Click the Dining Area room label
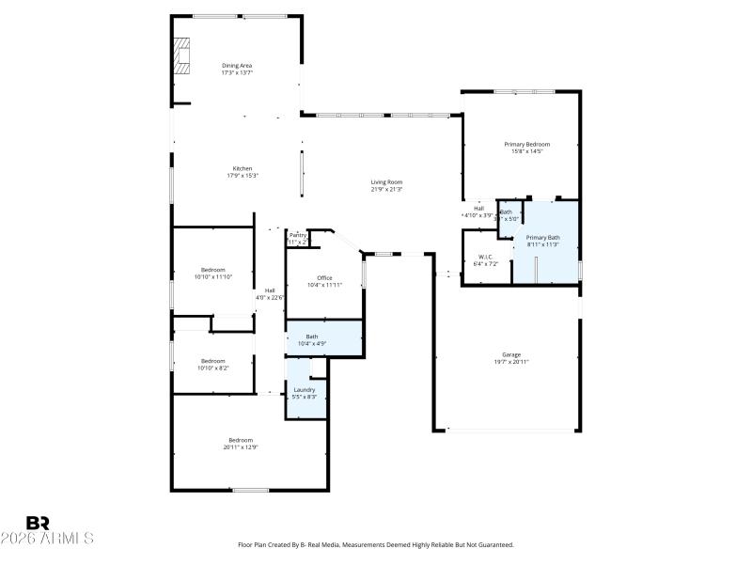coord(237,65)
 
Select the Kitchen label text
coord(243,168)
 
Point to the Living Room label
coord(386,181)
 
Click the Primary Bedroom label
coord(531,144)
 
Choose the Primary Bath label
coord(542,238)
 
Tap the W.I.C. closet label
coord(486,257)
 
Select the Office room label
coord(324,277)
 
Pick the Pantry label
coord(298,235)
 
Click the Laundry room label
coord(305,389)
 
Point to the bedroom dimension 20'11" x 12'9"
coord(242,447)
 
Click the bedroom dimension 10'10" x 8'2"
coord(212,368)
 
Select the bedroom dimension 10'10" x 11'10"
coord(212,277)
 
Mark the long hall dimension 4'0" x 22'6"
coord(270,298)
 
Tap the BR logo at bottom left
coord(38,523)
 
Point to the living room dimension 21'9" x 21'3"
coord(386,189)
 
